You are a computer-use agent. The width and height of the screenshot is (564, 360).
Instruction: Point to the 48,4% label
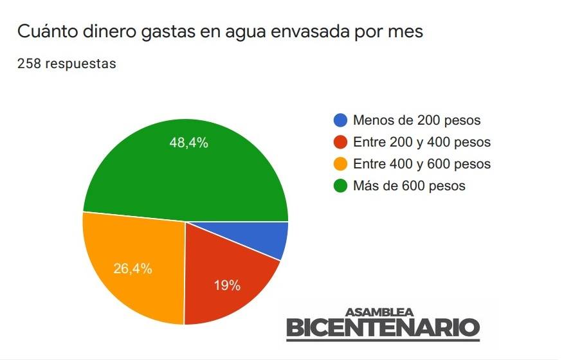pyautogui.click(x=188, y=143)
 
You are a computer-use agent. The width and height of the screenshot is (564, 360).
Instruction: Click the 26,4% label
pyautogui.click(x=132, y=269)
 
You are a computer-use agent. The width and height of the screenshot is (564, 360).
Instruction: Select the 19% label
pyautogui.click(x=227, y=285)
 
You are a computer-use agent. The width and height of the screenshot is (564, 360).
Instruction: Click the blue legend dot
pyautogui.click(x=341, y=120)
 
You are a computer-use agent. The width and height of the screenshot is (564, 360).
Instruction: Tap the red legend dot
pyautogui.click(x=341, y=142)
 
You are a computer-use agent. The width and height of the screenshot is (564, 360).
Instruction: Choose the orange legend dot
pyautogui.click(x=341, y=164)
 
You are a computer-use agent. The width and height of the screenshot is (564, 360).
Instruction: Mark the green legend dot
pyautogui.click(x=341, y=186)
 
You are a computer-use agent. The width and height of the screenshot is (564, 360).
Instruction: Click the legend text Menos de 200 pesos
pyautogui.click(x=417, y=120)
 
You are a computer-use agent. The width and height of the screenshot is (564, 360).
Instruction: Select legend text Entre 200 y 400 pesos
pyautogui.click(x=422, y=142)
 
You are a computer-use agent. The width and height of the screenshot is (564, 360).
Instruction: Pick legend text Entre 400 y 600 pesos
pyautogui.click(x=422, y=164)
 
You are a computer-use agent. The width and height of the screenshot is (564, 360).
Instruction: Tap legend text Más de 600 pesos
pyautogui.click(x=409, y=186)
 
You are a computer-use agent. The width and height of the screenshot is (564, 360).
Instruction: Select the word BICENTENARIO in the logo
pyautogui.click(x=383, y=328)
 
